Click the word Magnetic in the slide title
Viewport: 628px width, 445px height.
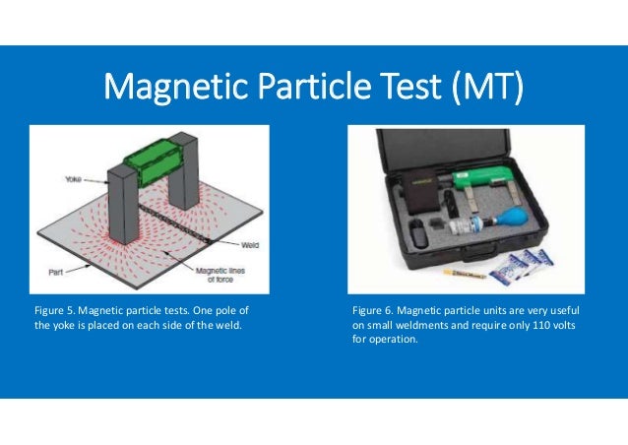167,90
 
